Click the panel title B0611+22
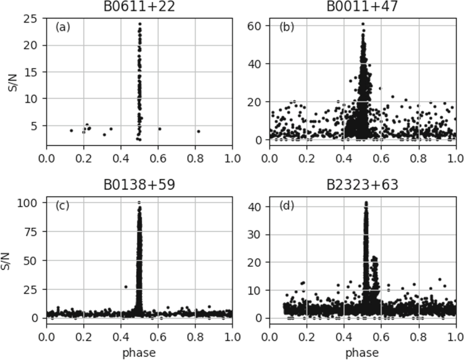pos(139,6)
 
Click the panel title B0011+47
pos(362,6)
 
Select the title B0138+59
pos(139,185)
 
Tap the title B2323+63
pos(362,185)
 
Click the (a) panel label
pos(62,27)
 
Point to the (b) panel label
pos(286,27)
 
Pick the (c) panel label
pos(62,205)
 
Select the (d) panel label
pos(286,205)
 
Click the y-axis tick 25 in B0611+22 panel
pos(38,19)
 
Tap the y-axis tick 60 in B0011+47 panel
pos(254,26)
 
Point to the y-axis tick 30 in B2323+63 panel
pos(254,235)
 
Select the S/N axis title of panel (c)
pos(5,261)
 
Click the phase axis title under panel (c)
pos(139,353)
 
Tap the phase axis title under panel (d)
pos(362,353)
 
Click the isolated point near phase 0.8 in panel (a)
pos(198,131)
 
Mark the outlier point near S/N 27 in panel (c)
pos(126,287)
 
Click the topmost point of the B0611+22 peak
pos(139,24)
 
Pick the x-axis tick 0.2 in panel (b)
pos(307,158)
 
